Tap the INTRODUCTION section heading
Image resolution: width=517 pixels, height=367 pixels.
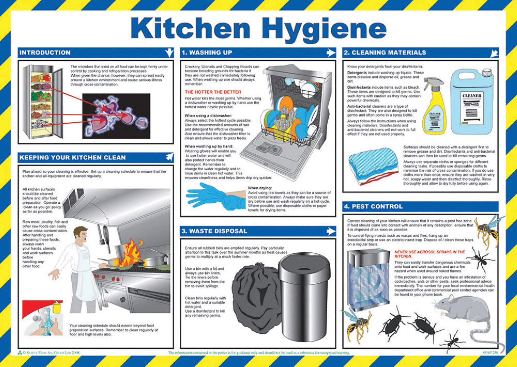pyautogui.click(x=45, y=53)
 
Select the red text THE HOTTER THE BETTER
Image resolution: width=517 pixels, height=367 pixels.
pyautogui.click(x=213, y=92)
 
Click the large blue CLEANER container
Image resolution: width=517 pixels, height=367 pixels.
pyautogui.click(x=472, y=103)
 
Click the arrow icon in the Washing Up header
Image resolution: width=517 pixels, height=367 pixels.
pyautogui.click(x=331, y=53)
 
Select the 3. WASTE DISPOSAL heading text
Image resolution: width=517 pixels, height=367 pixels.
pyautogui.click(x=214, y=231)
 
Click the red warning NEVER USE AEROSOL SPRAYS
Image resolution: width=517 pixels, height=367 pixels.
pyautogui.click(x=429, y=254)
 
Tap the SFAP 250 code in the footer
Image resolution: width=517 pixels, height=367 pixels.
pyautogui.click(x=490, y=353)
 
